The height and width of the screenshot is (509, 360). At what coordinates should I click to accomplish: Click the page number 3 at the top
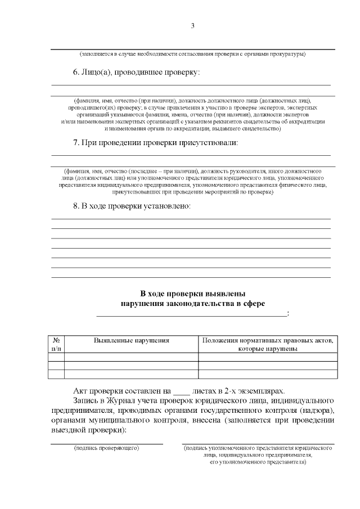[x=192, y=26]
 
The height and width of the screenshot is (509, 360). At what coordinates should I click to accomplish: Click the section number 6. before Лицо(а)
[x=76, y=73]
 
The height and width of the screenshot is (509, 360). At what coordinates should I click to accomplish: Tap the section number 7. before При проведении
[x=76, y=142]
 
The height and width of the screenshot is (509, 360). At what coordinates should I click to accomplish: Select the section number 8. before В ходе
[x=76, y=206]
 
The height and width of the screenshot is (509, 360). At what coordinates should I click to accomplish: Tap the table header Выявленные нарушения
[x=131, y=340]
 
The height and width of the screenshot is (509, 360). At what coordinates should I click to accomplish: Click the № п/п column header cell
[x=56, y=344]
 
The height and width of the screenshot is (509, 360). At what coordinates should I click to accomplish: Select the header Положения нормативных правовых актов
[x=268, y=340]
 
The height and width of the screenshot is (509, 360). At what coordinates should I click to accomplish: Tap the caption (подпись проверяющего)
[x=106, y=448]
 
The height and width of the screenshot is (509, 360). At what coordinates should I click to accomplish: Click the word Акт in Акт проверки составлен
[x=81, y=391]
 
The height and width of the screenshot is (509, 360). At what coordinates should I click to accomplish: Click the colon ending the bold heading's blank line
[x=288, y=314]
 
